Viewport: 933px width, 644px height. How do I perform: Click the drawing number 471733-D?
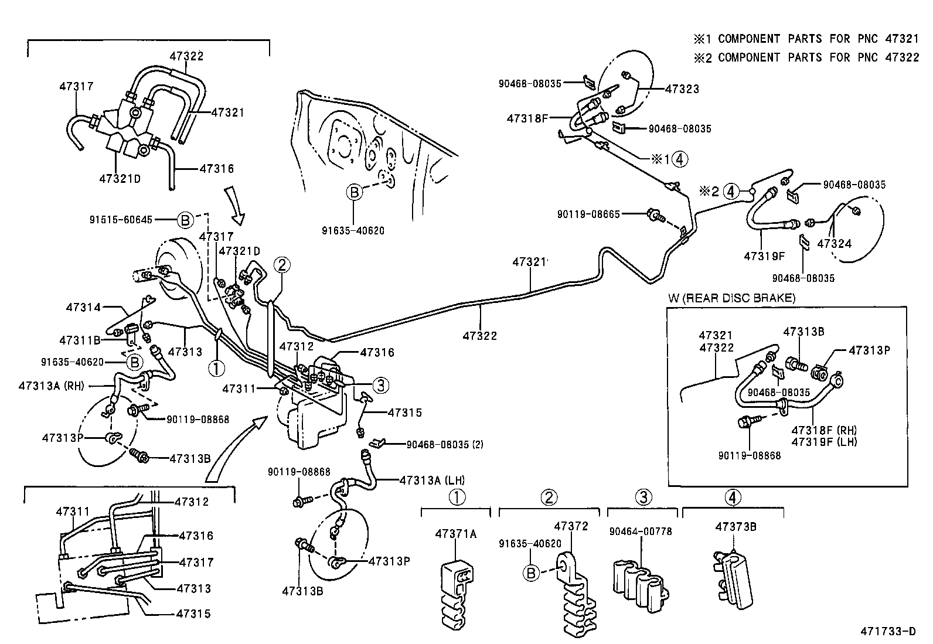[887, 631]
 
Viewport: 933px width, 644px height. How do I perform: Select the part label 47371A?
[456, 534]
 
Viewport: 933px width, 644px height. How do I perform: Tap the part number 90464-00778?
[640, 531]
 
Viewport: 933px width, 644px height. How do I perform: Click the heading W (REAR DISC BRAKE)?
[732, 298]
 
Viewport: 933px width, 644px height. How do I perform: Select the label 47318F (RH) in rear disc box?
[823, 430]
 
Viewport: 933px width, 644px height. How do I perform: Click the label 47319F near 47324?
[764, 256]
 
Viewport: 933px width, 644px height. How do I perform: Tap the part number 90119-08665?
[588, 214]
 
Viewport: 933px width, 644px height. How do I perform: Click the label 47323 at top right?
[682, 89]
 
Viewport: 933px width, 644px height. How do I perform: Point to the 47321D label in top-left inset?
[120, 179]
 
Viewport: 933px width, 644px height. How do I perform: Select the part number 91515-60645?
[121, 220]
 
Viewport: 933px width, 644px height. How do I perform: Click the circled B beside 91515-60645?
[185, 220]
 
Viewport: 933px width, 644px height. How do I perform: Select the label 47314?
[83, 306]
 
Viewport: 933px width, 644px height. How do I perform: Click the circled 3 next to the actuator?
[381, 385]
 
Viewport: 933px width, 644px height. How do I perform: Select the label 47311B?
[80, 340]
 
